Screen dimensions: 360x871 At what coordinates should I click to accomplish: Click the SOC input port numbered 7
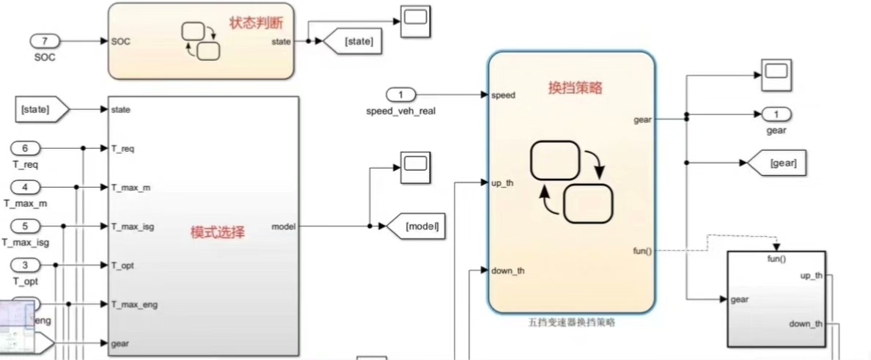click(x=45, y=41)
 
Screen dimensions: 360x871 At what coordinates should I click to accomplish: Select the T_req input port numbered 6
click(x=26, y=149)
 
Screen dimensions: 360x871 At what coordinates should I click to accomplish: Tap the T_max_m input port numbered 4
click(x=26, y=188)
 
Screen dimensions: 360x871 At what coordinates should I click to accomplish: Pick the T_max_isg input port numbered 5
click(x=26, y=227)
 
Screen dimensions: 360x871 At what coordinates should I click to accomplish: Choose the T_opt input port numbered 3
click(x=26, y=265)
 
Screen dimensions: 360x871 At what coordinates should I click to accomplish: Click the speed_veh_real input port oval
click(x=400, y=95)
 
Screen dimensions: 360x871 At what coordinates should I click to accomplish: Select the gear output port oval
click(x=776, y=114)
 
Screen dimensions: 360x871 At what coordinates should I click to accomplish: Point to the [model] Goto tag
click(x=416, y=227)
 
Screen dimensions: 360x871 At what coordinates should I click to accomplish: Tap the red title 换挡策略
click(x=576, y=87)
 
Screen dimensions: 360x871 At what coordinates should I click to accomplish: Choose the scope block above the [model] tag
click(x=415, y=168)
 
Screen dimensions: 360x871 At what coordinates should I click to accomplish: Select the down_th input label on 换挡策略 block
click(x=508, y=271)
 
